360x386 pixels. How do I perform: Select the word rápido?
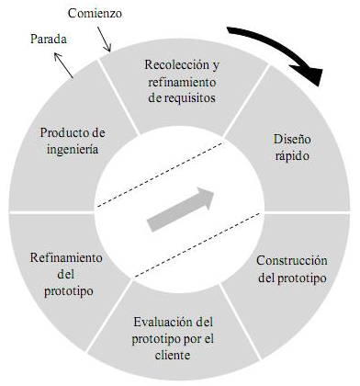[289, 156]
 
